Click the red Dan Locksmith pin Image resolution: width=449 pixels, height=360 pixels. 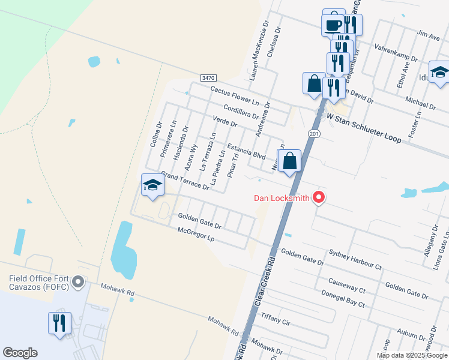point(319,197)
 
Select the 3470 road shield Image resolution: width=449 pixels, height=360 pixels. point(208,78)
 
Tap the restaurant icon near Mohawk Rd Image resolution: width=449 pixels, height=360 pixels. point(59,323)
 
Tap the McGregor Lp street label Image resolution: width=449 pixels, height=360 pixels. point(196,234)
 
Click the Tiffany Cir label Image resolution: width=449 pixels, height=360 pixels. point(276,318)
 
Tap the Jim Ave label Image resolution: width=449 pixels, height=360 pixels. point(428,37)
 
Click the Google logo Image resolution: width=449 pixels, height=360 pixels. point(20,353)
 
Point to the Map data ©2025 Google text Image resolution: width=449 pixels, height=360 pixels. point(412,355)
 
